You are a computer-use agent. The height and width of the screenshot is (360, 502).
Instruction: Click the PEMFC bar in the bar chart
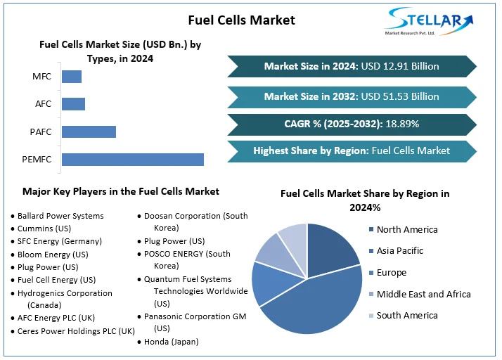(x=133, y=160)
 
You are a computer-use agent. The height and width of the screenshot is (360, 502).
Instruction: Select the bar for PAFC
(x=89, y=131)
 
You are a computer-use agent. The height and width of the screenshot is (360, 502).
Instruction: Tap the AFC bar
(x=73, y=104)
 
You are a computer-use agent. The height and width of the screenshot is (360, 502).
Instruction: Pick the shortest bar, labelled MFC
(x=72, y=77)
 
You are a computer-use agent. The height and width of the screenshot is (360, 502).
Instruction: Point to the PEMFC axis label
(x=37, y=160)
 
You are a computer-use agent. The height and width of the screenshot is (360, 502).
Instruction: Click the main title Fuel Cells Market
(x=242, y=20)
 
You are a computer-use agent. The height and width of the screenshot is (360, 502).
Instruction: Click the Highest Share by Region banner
(x=352, y=150)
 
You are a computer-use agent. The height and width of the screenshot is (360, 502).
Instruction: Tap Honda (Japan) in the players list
(x=171, y=342)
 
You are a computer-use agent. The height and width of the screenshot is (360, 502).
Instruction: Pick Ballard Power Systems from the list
(x=60, y=216)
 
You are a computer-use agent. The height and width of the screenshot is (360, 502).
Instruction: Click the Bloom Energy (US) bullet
(x=53, y=255)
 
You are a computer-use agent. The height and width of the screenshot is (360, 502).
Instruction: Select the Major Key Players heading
(x=121, y=191)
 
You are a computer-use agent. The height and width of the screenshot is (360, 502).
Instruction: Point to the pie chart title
(x=365, y=200)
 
